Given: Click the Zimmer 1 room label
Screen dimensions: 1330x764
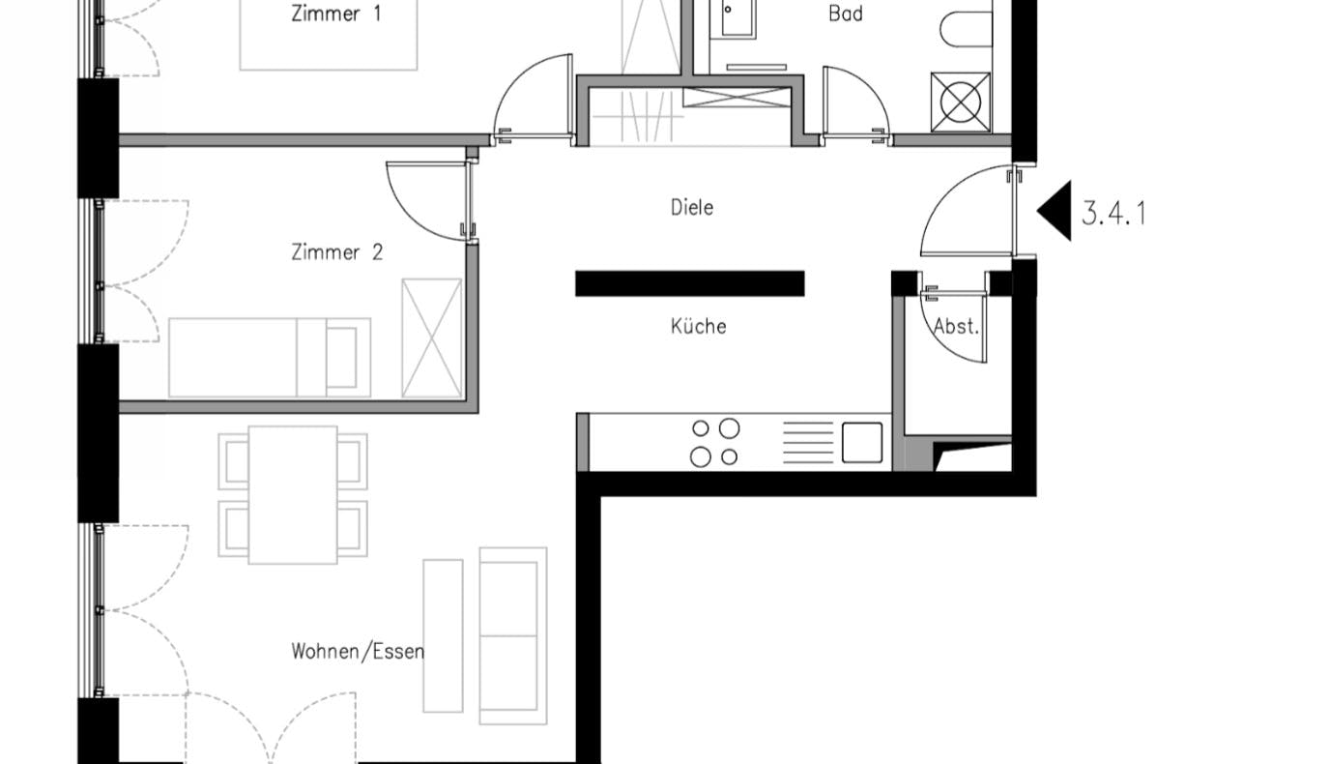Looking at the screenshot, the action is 336,14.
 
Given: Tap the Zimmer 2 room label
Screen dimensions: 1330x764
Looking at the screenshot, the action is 336,251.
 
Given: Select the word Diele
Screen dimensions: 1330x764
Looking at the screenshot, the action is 692,207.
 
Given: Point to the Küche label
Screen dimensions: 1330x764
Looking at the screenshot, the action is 698,326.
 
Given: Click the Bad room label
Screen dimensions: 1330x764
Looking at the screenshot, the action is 846,14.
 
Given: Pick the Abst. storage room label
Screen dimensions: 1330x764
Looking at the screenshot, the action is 956,326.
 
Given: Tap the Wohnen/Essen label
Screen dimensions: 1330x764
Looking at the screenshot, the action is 358,652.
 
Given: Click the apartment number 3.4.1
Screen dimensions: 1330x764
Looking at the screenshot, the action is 1113,214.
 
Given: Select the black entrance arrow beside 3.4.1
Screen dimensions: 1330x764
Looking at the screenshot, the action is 1055,211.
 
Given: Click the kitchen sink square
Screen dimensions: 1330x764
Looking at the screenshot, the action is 862,443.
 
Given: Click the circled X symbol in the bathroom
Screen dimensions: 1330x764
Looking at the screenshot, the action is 961,103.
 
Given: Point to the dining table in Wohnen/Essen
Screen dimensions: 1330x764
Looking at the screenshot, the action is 293,495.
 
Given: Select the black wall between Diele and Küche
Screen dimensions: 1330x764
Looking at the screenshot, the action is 690,283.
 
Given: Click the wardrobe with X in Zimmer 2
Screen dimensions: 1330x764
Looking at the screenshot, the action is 432,338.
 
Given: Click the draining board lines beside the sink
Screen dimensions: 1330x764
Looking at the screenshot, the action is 808,443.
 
